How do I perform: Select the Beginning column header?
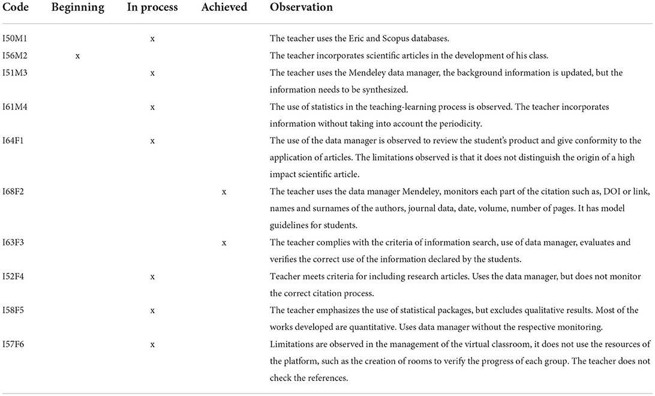click(x=78, y=8)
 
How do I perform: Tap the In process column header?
click(x=152, y=8)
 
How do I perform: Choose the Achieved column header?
click(x=224, y=8)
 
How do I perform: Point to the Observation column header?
click(x=301, y=8)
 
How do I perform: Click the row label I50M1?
click(x=16, y=39)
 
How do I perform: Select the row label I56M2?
click(x=16, y=56)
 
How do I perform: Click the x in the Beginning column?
click(x=78, y=56)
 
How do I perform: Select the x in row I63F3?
click(x=224, y=243)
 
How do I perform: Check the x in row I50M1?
click(x=152, y=39)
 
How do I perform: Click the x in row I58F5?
click(x=152, y=311)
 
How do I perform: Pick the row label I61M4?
click(x=16, y=107)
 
